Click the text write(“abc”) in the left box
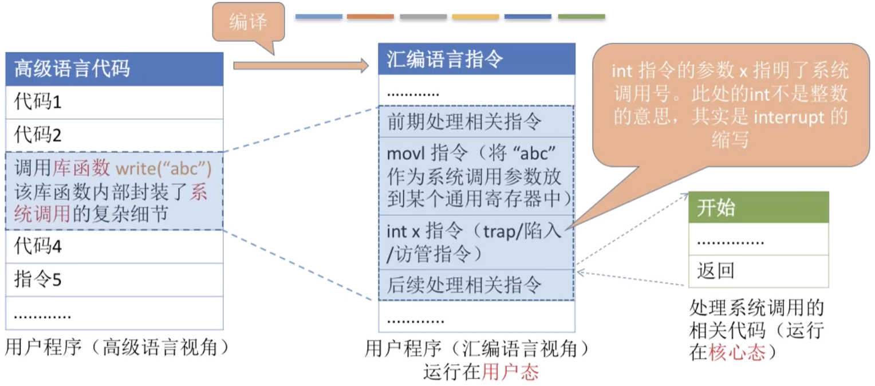(164, 170)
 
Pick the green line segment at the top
(581, 17)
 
